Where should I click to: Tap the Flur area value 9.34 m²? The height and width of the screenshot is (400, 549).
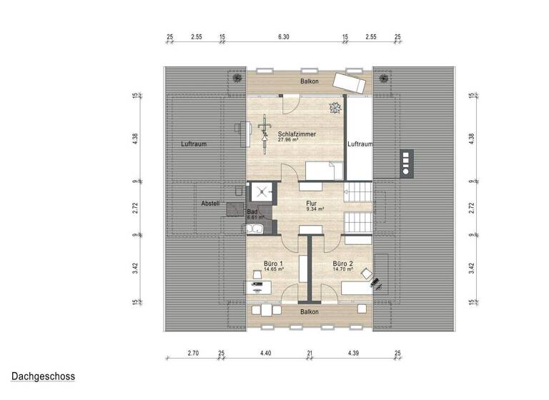(x=315, y=209)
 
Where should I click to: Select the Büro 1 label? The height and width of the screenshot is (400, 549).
(x=272, y=263)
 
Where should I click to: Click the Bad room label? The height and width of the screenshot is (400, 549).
(x=252, y=212)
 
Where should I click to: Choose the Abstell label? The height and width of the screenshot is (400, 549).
(x=210, y=204)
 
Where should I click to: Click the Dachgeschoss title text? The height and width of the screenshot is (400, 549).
(x=43, y=376)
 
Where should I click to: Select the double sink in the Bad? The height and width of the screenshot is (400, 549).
(x=254, y=229)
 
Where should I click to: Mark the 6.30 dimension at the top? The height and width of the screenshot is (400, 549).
(x=283, y=36)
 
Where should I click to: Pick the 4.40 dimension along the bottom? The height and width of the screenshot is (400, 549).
(x=266, y=353)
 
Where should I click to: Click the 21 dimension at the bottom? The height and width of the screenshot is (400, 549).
(x=309, y=353)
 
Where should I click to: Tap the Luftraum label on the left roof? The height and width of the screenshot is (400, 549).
(x=194, y=144)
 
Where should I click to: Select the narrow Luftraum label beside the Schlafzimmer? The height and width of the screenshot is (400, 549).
(x=360, y=144)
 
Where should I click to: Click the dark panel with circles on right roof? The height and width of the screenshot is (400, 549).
(x=407, y=163)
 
